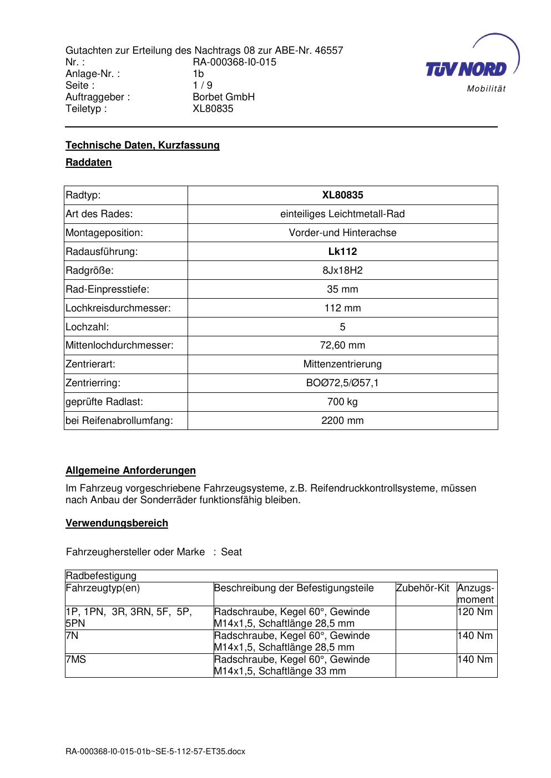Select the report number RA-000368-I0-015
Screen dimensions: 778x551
pyautogui.click(x=234, y=62)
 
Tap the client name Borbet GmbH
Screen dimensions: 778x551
pyautogui.click(x=224, y=97)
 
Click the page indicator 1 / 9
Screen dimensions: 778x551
pyautogui.click(x=203, y=85)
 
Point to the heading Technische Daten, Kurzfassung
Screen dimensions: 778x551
pyautogui.click(x=143, y=145)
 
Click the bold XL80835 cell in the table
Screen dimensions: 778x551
pyautogui.click(x=342, y=195)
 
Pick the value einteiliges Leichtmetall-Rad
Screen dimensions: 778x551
pyautogui.click(x=342, y=214)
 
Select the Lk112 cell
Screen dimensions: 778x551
pyautogui.click(x=342, y=252)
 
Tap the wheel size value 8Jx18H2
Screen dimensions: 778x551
pyautogui.click(x=342, y=270)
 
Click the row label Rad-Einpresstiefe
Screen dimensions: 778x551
pyautogui.click(x=108, y=289)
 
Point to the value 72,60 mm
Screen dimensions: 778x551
pyautogui.click(x=342, y=345)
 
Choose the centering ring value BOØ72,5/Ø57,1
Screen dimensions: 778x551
pyautogui.click(x=342, y=383)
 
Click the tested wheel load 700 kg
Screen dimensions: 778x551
pyautogui.click(x=342, y=402)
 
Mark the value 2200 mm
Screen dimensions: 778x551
pyautogui.click(x=342, y=421)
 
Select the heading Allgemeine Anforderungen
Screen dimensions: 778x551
pyautogui.click(x=130, y=470)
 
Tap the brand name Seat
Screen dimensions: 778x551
pyautogui.click(x=231, y=552)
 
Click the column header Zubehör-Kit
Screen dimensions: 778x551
pyautogui.click(x=423, y=588)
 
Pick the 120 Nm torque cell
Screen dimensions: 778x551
pyautogui.click(x=475, y=612)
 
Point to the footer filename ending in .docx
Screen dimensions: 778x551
pyautogui.click(x=155, y=752)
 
